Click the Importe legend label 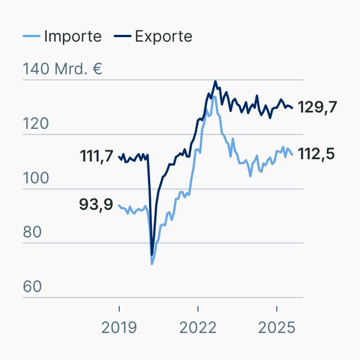pyautogui.click(x=73, y=37)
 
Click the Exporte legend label pyautogui.click(x=164, y=37)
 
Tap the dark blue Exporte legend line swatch pyautogui.click(x=123, y=37)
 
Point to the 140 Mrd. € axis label pyautogui.click(x=62, y=70)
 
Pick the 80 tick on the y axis pyautogui.click(x=33, y=232)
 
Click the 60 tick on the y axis pyautogui.click(x=33, y=287)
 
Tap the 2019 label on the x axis pyautogui.click(x=119, y=327)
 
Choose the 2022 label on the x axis pyautogui.click(x=198, y=327)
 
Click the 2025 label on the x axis pyautogui.click(x=277, y=327)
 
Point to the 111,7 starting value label pyautogui.click(x=97, y=156)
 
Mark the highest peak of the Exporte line pyautogui.click(x=215, y=81)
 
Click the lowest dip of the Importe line pyautogui.click(x=152, y=263)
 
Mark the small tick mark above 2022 pyautogui.click(x=198, y=308)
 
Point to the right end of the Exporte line pyautogui.click(x=292, y=108)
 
